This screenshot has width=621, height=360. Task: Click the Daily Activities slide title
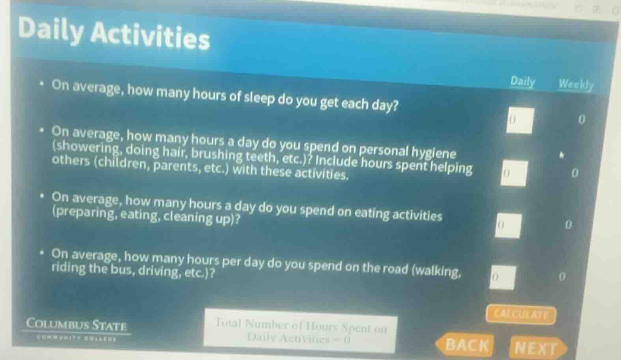pyautogui.click(x=114, y=33)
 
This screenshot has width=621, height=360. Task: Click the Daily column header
pyautogui.click(x=522, y=82)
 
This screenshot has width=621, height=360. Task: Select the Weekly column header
pyautogui.click(x=576, y=84)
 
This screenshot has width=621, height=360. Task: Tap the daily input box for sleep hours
pyautogui.click(x=520, y=120)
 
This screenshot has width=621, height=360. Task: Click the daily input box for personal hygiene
pyautogui.click(x=514, y=173)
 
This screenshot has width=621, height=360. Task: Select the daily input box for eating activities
pyautogui.click(x=508, y=226)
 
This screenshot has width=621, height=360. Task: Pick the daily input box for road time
pyautogui.click(x=502, y=277)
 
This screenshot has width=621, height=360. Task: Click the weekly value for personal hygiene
pyautogui.click(x=574, y=173)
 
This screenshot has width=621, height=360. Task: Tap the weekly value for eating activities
pyautogui.click(x=568, y=225)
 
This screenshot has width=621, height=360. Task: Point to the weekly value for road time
pyautogui.click(x=562, y=276)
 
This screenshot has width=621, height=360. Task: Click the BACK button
pyautogui.click(x=466, y=345)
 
